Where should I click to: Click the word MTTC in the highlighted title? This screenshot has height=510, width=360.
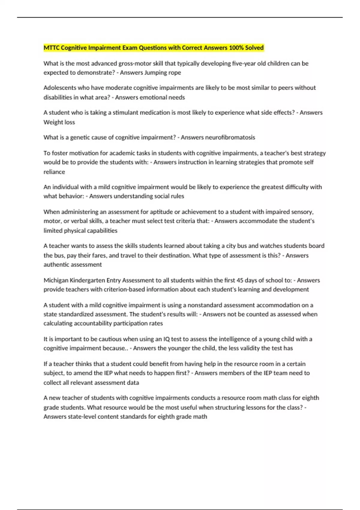coord(52,48)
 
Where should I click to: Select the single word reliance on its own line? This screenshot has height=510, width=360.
coord(54,172)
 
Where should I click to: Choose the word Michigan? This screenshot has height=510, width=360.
coord(56,280)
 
